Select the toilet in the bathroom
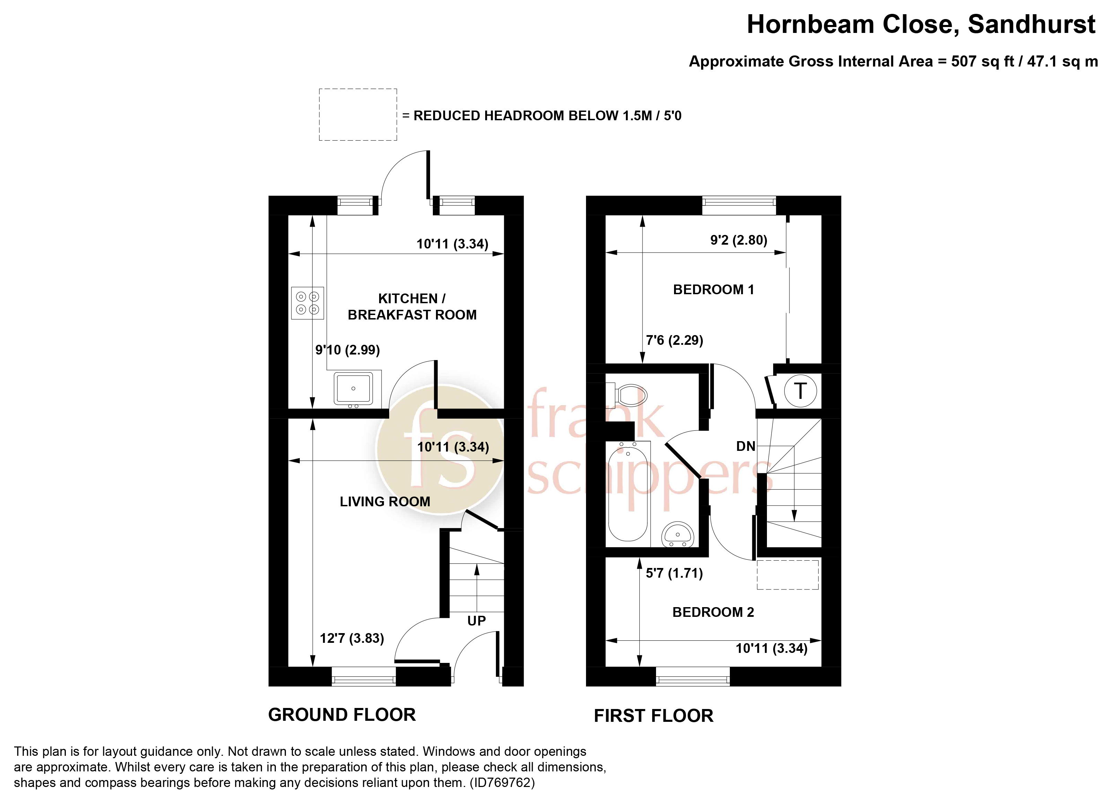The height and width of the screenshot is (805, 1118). pos(626,394)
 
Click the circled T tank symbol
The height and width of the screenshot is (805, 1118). pos(801,391)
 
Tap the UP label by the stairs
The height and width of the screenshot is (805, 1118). pos(476,621)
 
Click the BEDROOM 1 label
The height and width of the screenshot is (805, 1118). pos(713,289)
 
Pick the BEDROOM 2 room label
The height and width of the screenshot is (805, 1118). pos(713,612)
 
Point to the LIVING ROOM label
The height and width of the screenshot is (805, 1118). pos(385,502)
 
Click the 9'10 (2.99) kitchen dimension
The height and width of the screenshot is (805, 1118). pos(348,350)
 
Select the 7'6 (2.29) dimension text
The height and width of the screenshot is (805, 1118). pos(674,340)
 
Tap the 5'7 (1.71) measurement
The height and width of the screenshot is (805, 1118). pos(674,573)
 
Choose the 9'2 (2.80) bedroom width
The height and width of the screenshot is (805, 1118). pos(739,240)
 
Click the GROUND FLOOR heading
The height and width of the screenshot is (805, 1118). pos(342,715)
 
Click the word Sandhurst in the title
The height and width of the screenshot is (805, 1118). pos(1032,24)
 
